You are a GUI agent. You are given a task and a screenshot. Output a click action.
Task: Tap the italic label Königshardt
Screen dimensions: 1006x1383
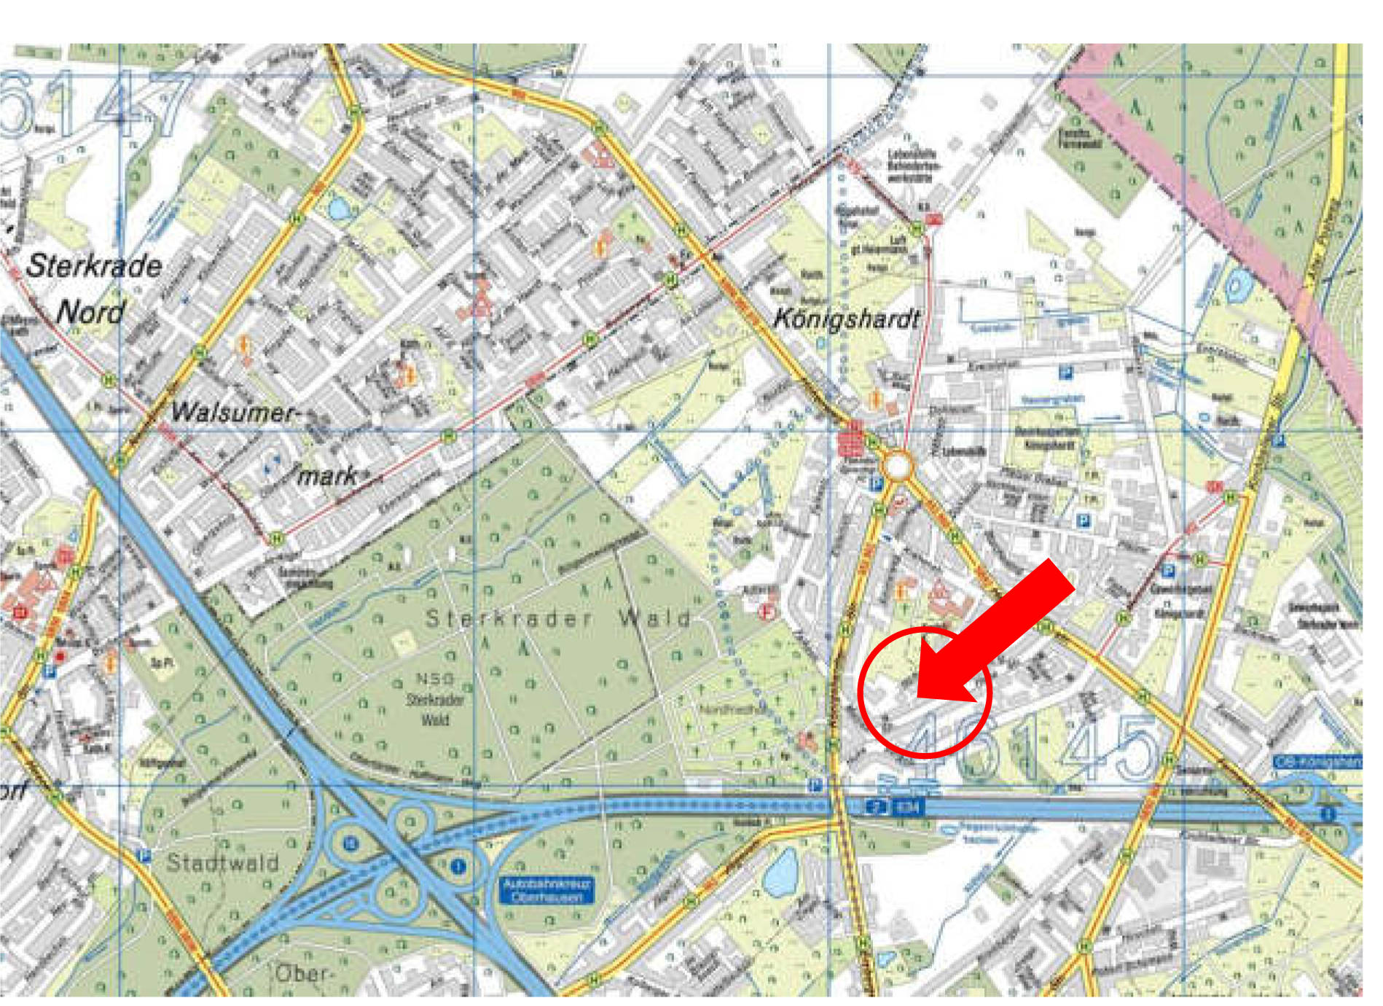point(846,319)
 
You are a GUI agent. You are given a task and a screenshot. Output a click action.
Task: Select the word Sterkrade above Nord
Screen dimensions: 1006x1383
point(94,265)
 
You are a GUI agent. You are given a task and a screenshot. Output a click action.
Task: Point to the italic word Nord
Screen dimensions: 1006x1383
point(90,312)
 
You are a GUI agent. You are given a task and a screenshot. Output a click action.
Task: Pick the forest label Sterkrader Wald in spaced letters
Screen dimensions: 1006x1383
point(557,619)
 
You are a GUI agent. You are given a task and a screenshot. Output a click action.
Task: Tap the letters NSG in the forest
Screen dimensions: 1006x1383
point(435,679)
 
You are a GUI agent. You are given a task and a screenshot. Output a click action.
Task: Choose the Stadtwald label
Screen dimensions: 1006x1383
point(223,862)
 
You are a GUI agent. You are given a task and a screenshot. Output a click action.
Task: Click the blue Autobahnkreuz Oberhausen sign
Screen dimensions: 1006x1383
point(546,890)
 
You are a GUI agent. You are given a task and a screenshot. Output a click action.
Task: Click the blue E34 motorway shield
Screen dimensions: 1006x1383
point(907,807)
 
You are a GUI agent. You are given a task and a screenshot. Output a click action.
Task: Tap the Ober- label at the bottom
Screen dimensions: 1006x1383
point(302,973)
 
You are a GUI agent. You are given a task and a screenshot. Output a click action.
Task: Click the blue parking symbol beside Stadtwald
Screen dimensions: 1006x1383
point(144,855)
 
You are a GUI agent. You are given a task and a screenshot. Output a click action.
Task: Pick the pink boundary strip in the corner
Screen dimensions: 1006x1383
point(1224,219)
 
